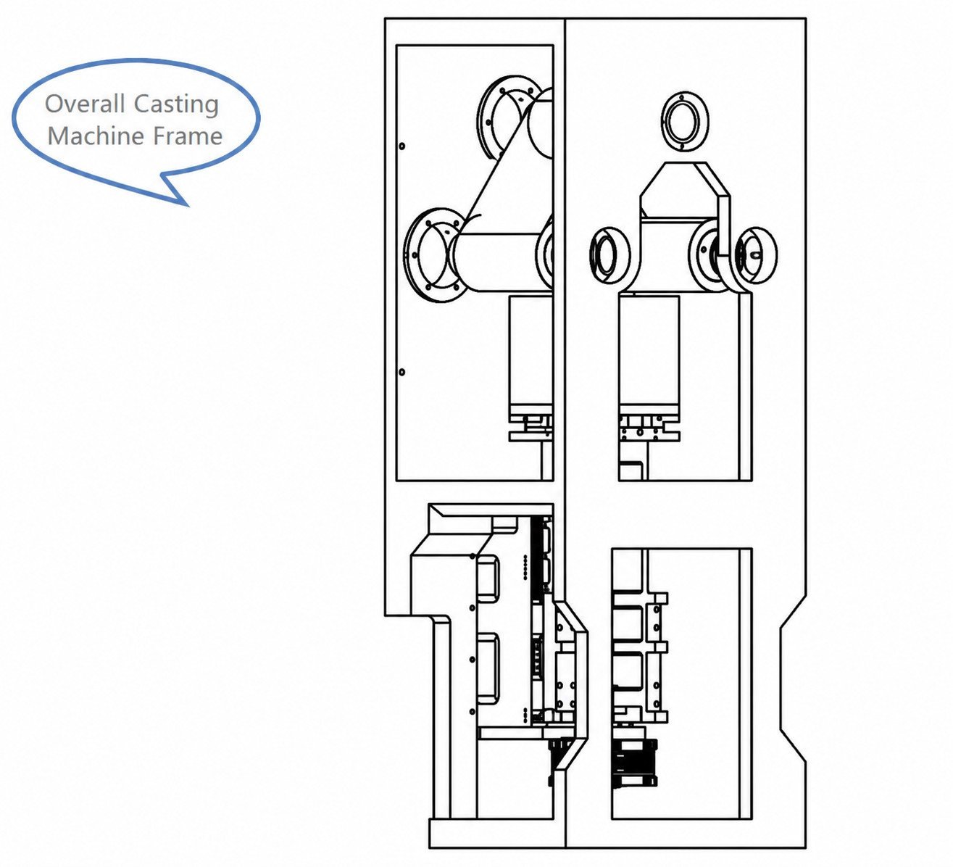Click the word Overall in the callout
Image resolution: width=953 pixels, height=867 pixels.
tap(85, 104)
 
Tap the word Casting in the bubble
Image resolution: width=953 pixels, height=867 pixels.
tap(176, 104)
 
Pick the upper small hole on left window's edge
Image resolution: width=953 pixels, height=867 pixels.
tap(402, 146)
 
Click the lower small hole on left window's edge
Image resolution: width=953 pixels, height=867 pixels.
tap(402, 372)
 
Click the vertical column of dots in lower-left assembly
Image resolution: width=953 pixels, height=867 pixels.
tap(525, 567)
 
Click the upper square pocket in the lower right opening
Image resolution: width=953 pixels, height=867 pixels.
tap(628, 623)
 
